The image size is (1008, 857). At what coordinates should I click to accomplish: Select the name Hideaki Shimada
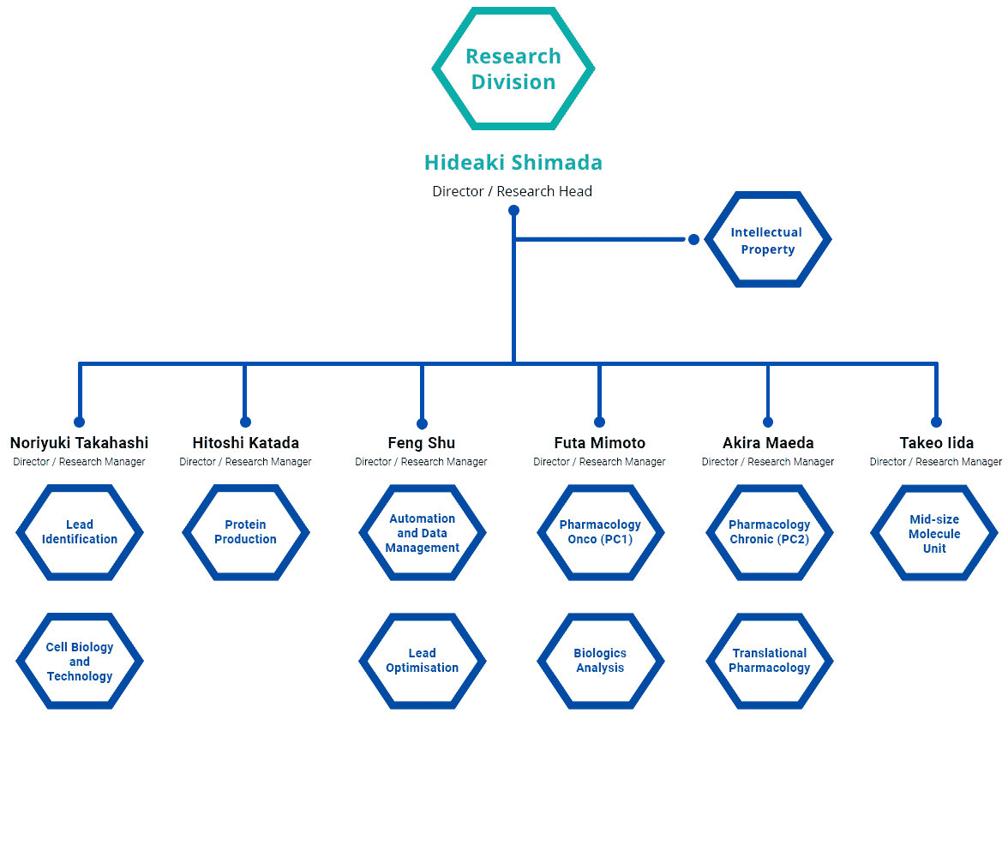click(513, 163)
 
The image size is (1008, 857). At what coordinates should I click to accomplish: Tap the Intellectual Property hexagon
click(708, 239)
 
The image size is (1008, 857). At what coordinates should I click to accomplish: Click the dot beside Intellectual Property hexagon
click(693, 239)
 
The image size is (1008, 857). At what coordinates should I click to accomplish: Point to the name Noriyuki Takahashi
click(79, 443)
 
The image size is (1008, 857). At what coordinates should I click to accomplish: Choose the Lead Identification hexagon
click(19, 532)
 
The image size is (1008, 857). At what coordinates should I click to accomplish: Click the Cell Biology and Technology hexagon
click(19, 661)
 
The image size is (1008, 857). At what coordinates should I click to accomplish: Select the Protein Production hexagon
click(186, 532)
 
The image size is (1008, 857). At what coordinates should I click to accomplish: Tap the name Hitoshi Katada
click(245, 443)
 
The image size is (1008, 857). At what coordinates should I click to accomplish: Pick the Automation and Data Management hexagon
click(363, 532)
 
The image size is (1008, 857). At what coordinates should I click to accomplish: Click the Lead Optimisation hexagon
click(363, 661)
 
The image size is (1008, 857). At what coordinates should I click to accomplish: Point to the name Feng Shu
click(422, 443)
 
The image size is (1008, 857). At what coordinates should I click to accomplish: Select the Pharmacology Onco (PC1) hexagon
click(541, 532)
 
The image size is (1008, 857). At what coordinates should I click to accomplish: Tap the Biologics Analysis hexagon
click(541, 661)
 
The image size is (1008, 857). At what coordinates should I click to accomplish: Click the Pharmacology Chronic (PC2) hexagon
click(710, 532)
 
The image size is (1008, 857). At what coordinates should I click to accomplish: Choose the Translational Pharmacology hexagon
click(710, 661)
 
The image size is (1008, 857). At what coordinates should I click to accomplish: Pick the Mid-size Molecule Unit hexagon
click(874, 532)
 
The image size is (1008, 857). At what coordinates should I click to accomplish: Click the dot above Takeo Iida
click(937, 423)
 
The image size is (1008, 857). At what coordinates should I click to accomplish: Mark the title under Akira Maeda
click(768, 462)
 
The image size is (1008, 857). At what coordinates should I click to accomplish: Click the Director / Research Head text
click(513, 192)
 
